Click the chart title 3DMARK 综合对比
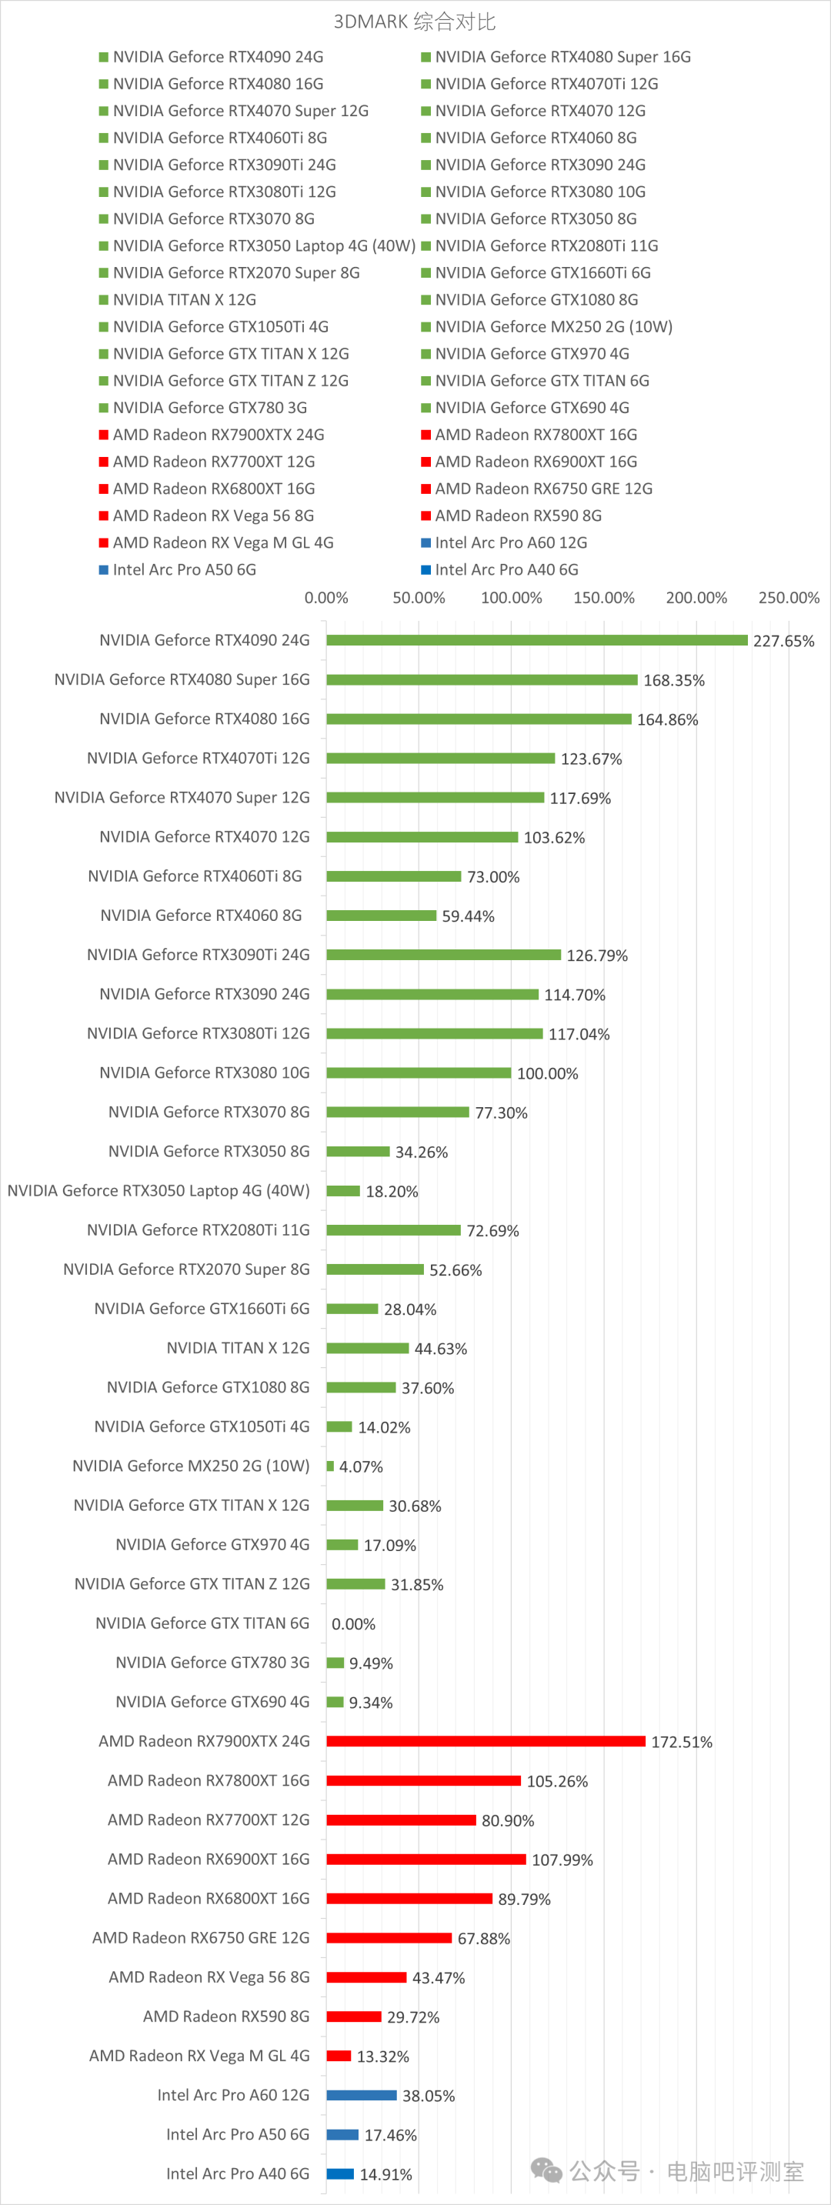tap(414, 22)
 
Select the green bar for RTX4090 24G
tap(536, 640)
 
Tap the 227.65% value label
tap(783, 641)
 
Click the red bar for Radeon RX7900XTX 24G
tap(486, 1741)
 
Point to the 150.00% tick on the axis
tap(603, 598)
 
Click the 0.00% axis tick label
tap(326, 598)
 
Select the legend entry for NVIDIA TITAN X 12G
tap(184, 299)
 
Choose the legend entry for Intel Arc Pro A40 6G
tap(506, 569)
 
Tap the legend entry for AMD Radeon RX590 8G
tap(518, 515)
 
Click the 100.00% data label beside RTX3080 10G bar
tap(547, 1073)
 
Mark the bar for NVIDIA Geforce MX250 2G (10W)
tap(330, 1466)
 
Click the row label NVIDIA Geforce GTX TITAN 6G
tap(202, 1623)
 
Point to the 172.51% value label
tap(681, 1742)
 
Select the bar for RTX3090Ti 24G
tap(443, 955)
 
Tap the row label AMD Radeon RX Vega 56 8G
tap(209, 1976)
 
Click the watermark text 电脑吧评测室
tap(734, 2172)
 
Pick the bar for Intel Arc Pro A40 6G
tap(340, 2173)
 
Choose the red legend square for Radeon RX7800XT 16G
tap(426, 435)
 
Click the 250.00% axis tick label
tap(788, 598)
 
